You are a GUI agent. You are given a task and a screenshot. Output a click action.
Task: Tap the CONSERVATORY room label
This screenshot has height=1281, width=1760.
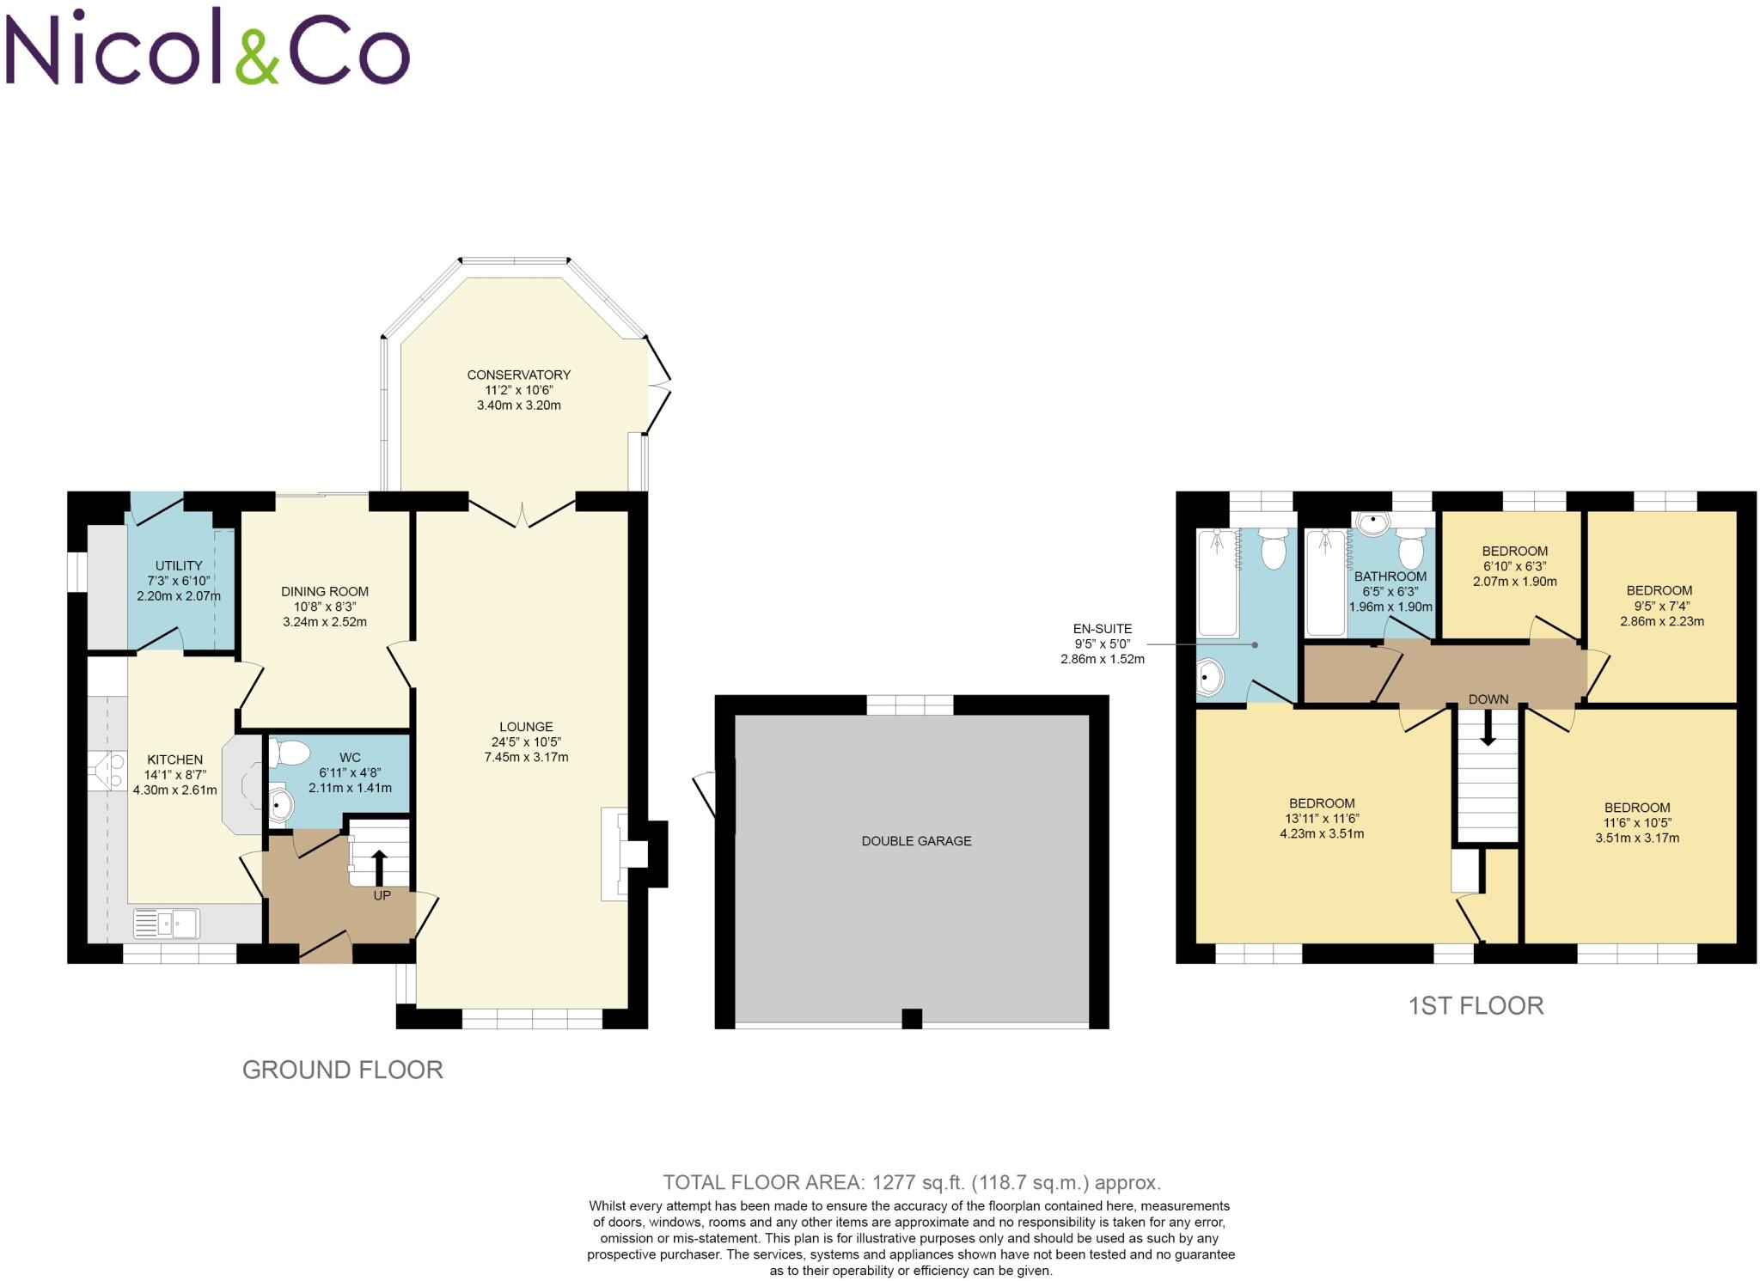(x=518, y=375)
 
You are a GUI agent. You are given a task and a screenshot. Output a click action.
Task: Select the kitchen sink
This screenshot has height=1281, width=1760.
(x=166, y=924)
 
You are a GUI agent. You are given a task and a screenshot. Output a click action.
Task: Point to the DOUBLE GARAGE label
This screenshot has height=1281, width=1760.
(x=916, y=841)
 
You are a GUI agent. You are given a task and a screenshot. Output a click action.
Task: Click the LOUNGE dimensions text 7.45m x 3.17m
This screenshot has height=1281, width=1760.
(x=526, y=758)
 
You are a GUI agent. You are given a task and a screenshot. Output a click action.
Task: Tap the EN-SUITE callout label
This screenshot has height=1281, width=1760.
(x=1103, y=629)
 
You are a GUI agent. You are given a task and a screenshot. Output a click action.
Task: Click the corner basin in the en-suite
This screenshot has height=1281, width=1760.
(x=1208, y=679)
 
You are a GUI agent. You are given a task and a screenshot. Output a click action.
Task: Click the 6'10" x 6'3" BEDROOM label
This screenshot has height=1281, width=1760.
(x=1514, y=552)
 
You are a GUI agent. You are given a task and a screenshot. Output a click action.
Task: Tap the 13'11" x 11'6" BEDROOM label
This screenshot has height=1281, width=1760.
(x=1322, y=803)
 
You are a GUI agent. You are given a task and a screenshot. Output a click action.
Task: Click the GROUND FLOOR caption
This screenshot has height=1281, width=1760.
(x=342, y=1070)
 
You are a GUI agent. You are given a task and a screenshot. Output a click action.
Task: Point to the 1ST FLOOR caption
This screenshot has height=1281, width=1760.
(x=1476, y=1006)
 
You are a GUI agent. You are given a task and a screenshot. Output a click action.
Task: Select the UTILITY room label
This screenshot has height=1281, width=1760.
(x=179, y=565)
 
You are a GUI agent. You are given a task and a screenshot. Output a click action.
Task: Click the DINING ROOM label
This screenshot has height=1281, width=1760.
(x=325, y=591)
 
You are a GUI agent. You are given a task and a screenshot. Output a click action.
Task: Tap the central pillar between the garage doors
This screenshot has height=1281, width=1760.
(x=911, y=1019)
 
